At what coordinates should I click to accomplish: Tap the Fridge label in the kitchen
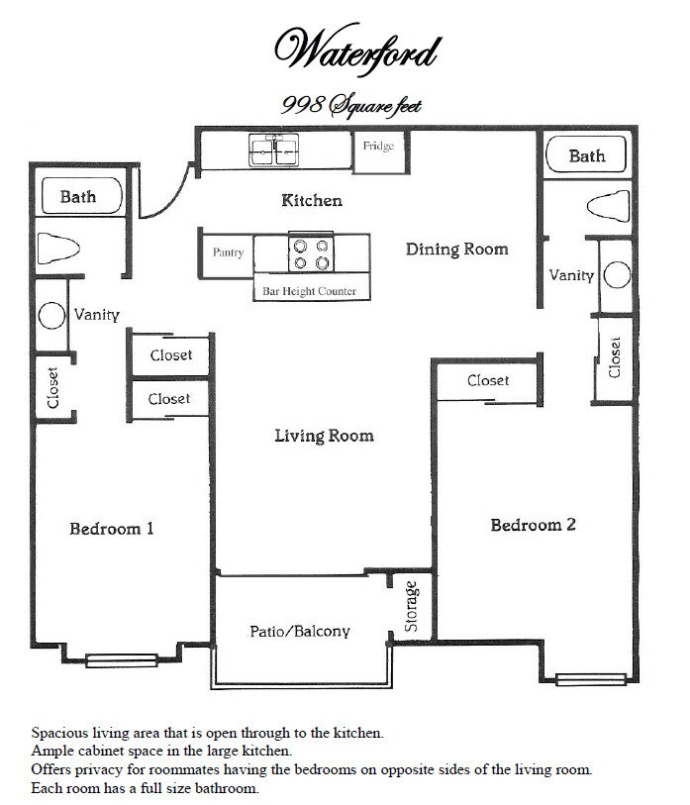[x=378, y=148]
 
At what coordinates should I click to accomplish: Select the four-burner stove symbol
[x=310, y=253]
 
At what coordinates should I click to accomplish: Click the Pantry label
[x=228, y=252]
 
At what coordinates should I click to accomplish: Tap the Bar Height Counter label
[x=309, y=291]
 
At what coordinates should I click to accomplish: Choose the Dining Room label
[x=456, y=250]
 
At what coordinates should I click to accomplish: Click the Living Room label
[x=324, y=436]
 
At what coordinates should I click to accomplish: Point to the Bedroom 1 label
[x=111, y=529]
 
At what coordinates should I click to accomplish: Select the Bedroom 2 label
[x=533, y=525]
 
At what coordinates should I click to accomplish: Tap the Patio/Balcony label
[x=299, y=631]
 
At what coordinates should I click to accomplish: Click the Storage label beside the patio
[x=412, y=607]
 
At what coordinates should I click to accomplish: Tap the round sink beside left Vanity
[x=50, y=316]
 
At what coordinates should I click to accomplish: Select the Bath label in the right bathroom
[x=586, y=156]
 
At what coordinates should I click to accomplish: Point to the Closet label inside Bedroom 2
[x=487, y=381]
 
